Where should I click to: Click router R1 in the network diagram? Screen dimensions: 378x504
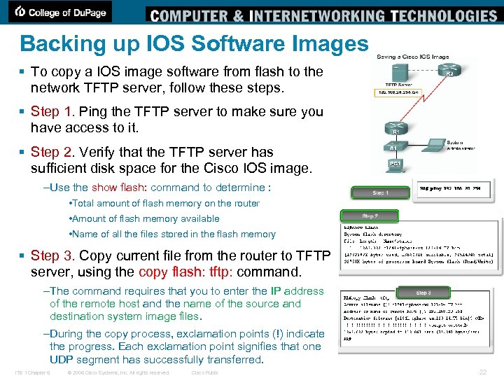[396, 128]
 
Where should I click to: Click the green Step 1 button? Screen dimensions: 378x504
[379, 192]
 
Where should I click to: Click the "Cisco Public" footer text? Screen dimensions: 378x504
[205, 372]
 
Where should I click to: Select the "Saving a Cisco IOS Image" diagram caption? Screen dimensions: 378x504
[412, 57]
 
